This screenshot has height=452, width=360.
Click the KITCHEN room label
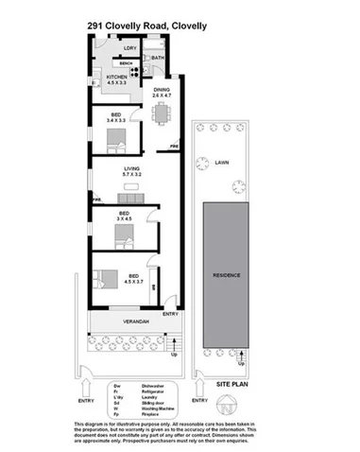tap(116, 78)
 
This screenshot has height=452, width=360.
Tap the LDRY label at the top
tap(130, 48)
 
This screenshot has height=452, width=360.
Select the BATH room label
tap(157, 59)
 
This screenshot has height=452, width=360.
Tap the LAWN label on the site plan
tap(223, 162)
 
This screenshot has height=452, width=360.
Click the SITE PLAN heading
tap(232, 387)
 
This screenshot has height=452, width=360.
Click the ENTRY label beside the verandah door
tap(171, 313)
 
